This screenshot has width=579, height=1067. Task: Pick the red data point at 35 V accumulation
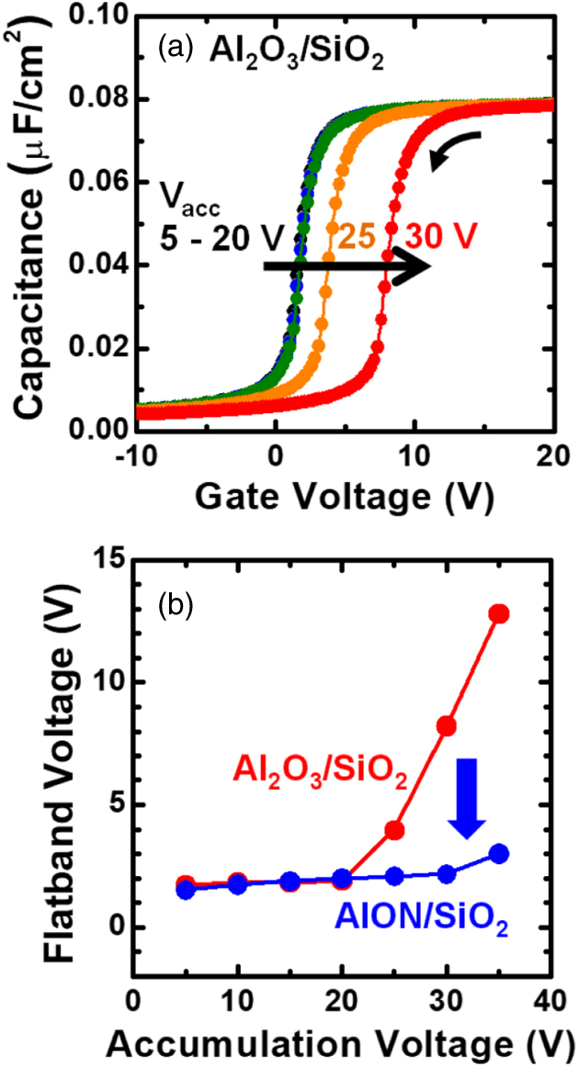(x=498, y=613)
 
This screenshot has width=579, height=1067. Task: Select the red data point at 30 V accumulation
(x=447, y=726)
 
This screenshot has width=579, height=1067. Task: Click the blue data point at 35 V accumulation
(x=498, y=854)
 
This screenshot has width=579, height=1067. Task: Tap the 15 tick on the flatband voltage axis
(x=104, y=559)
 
